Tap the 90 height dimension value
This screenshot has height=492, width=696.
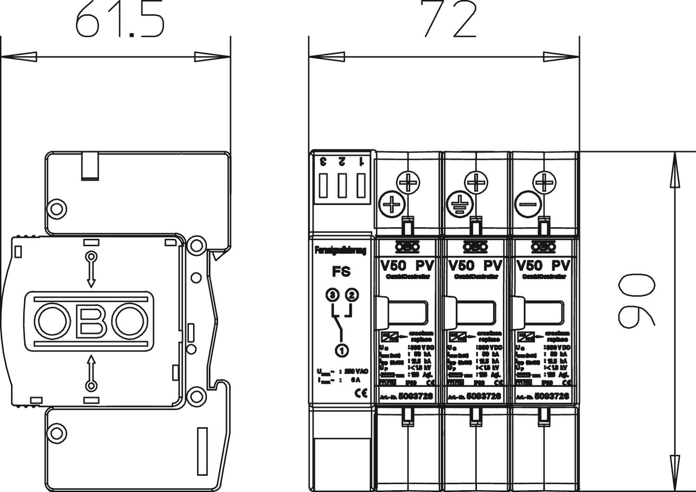[636, 300]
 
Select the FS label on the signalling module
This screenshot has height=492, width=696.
[341, 272]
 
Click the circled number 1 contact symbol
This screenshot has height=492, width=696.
[342, 350]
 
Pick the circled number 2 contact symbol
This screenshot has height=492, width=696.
[352, 295]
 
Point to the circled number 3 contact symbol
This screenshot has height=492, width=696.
[332, 295]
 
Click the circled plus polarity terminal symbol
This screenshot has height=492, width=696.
[392, 204]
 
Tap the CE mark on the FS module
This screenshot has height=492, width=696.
[361, 394]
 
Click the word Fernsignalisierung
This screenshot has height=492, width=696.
[341, 250]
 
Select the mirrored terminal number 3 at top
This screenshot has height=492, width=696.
[323, 161]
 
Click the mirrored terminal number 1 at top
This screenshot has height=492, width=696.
[361, 161]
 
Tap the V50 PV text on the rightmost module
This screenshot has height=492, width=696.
[543, 266]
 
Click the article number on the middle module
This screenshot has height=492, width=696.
[483, 396]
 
